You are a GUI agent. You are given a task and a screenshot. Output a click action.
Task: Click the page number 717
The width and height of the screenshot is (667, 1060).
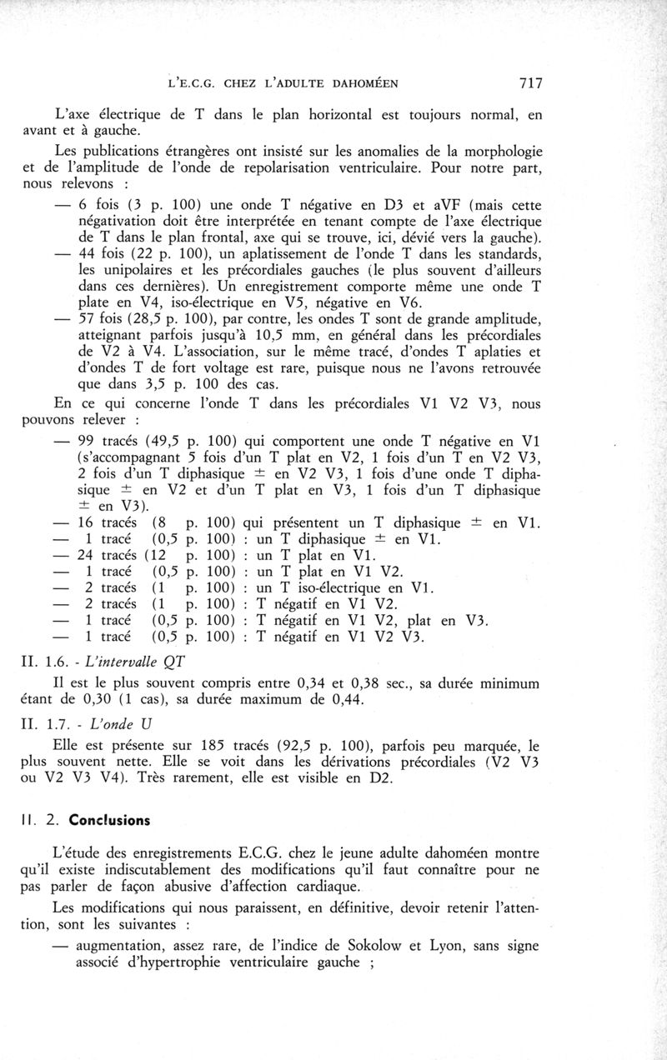[531, 82]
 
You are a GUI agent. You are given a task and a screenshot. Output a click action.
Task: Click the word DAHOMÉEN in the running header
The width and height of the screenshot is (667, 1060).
[354, 83]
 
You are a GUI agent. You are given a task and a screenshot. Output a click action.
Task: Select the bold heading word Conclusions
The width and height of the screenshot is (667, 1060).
[111, 819]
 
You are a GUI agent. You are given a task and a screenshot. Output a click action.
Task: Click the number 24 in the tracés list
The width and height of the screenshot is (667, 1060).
[86, 556]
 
